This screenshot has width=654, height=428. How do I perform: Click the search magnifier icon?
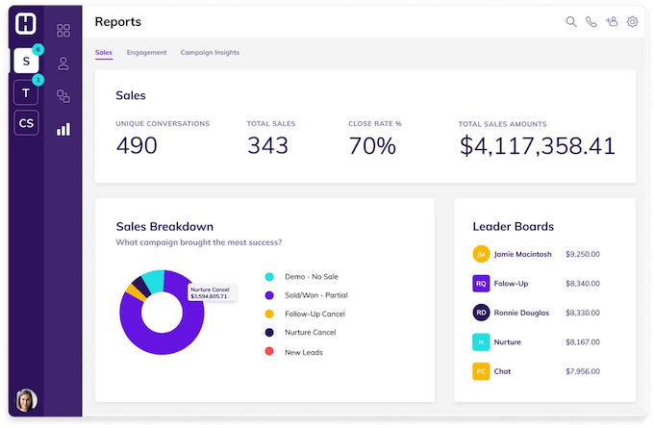571,22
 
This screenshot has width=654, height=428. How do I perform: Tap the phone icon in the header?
591,22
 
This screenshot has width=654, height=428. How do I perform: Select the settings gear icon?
633,22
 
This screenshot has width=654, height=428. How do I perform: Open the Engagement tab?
146,52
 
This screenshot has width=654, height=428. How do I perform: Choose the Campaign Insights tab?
210,52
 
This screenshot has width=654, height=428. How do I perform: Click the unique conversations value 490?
137,145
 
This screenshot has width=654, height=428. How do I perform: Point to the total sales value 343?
267,145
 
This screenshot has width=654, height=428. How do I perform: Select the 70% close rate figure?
372,145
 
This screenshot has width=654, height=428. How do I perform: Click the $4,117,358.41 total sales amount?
537,145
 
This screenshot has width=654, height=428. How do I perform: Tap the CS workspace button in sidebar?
26,122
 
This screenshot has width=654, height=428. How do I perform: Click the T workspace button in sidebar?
26,92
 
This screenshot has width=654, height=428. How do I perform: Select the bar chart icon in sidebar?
63,129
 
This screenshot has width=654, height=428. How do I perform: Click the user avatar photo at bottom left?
26,400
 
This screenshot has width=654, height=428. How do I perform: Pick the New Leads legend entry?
303,352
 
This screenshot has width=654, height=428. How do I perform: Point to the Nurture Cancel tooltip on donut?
212,292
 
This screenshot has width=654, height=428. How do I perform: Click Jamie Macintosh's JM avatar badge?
481,254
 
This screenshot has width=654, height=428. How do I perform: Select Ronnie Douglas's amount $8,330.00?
582,313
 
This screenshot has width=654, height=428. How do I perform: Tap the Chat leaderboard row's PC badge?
481,371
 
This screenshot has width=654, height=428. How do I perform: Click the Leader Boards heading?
513,227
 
